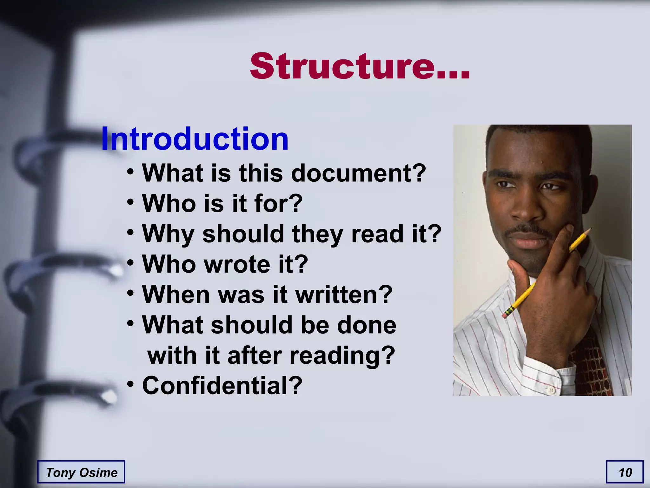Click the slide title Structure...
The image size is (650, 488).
pyautogui.click(x=359, y=66)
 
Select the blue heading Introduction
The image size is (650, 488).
pyautogui.click(x=195, y=139)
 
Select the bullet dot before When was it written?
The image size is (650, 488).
pyautogui.click(x=130, y=293)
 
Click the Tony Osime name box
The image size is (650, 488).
pyautogui.click(x=81, y=472)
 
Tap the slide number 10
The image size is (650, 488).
pyautogui.click(x=625, y=472)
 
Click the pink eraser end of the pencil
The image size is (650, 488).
pyautogui.click(x=505, y=315)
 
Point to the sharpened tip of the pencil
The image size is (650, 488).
pyautogui.click(x=591, y=229)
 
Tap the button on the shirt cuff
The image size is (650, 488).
pyautogui.click(x=551, y=390)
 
